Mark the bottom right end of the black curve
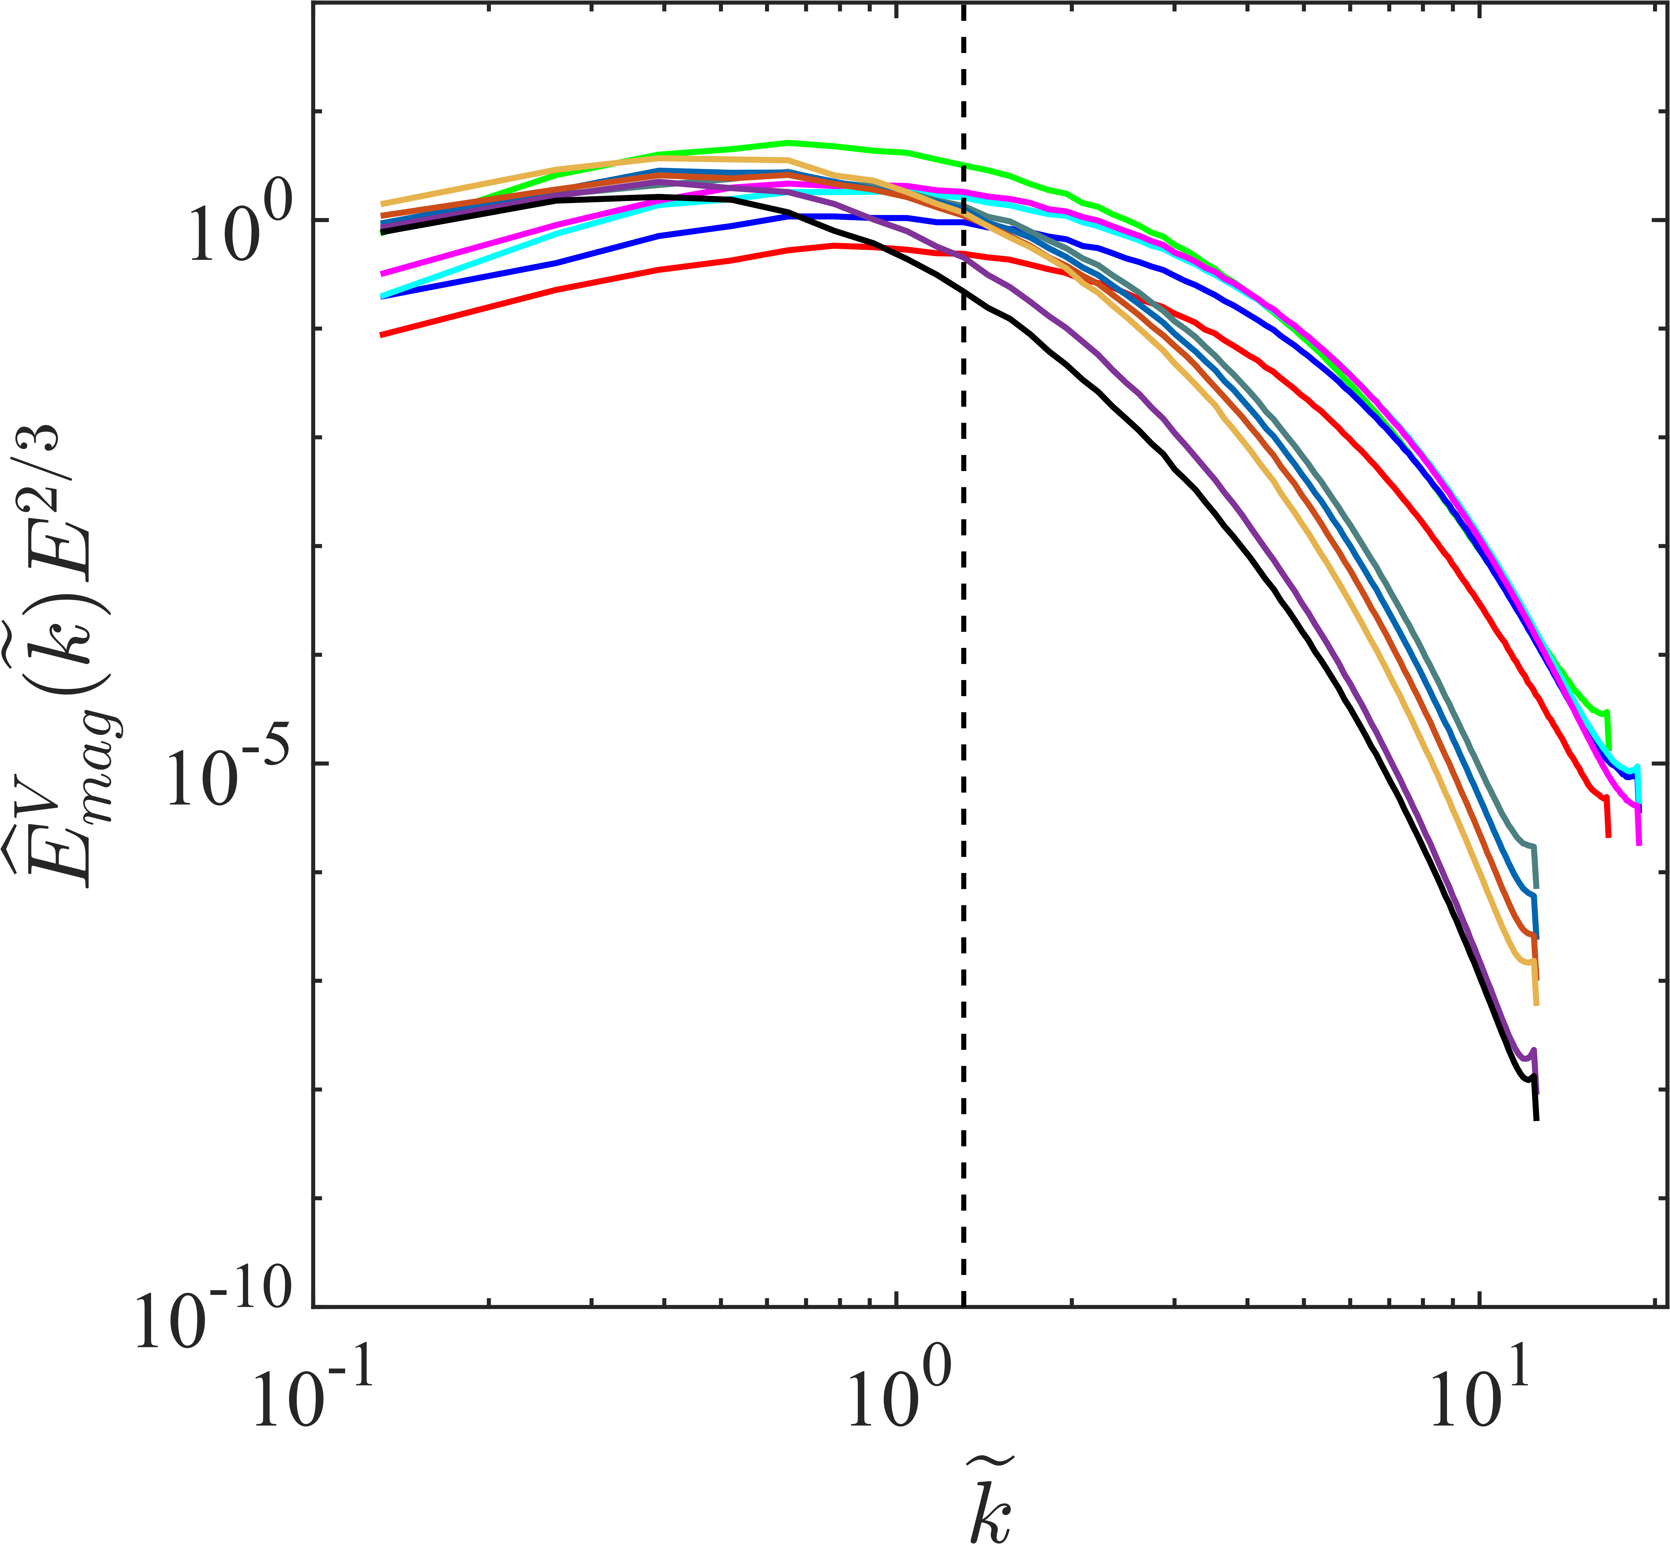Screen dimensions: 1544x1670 click(x=1535, y=1118)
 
